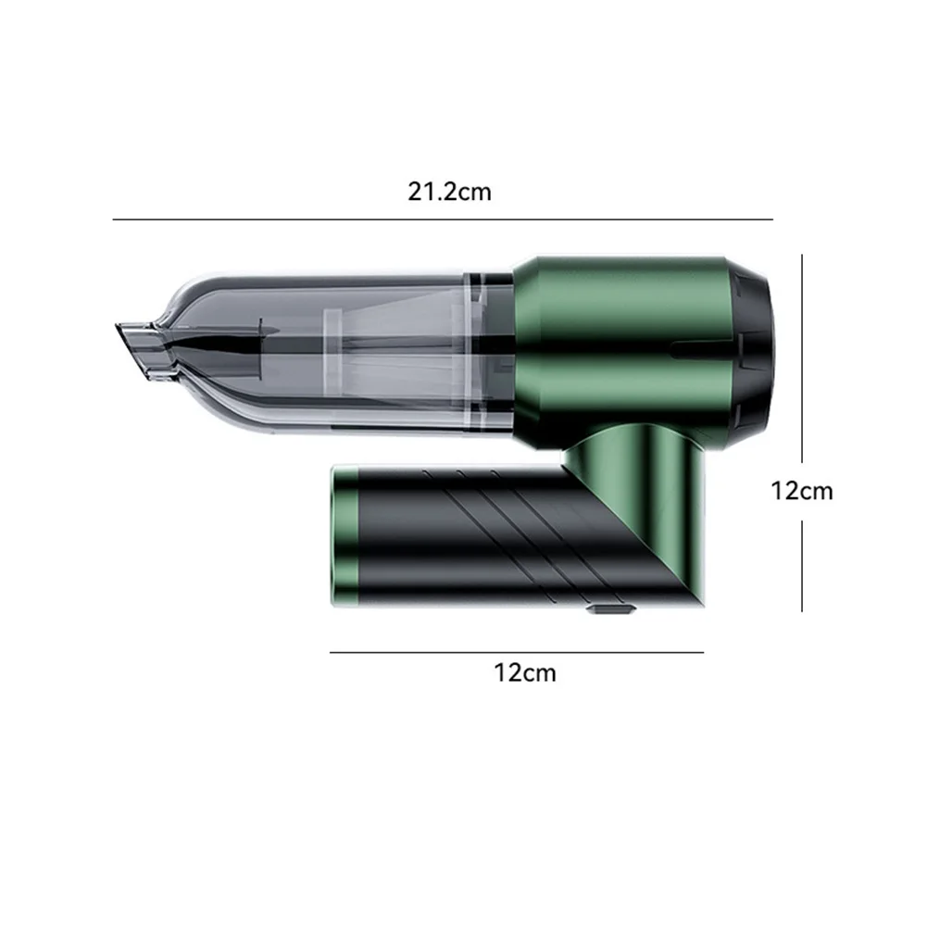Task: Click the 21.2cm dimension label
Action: point(449,192)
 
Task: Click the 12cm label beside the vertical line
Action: point(802,492)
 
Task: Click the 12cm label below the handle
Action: point(525,672)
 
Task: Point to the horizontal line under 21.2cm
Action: point(443,219)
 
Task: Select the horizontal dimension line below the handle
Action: point(517,653)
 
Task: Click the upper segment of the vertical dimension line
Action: point(802,358)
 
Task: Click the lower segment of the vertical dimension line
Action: point(802,566)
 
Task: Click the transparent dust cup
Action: point(332,355)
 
